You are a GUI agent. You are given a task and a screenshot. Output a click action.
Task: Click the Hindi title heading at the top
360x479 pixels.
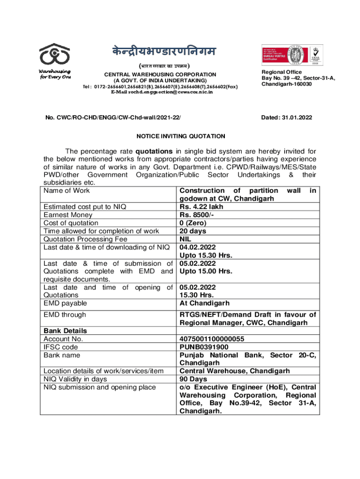160,51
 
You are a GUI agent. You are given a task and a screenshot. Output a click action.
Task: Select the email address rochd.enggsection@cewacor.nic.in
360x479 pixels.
161,92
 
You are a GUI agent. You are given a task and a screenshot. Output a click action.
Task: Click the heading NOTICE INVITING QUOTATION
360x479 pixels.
180,136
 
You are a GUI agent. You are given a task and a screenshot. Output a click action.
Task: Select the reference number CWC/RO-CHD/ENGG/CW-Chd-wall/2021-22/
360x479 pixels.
115,118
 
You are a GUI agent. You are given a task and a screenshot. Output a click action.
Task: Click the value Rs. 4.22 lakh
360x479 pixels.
202,207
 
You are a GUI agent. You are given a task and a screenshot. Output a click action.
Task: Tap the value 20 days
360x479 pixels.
193,231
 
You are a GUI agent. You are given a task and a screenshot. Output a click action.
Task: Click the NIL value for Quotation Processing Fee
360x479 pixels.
186,239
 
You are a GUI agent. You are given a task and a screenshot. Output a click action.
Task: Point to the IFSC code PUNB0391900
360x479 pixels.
204,347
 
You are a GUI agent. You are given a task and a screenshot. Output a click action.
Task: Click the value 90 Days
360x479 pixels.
193,379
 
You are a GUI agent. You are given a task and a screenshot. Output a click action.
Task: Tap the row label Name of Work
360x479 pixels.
66,190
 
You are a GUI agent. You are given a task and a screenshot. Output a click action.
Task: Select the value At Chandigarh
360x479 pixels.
204,303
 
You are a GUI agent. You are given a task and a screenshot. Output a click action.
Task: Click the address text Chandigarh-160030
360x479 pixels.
287,84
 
